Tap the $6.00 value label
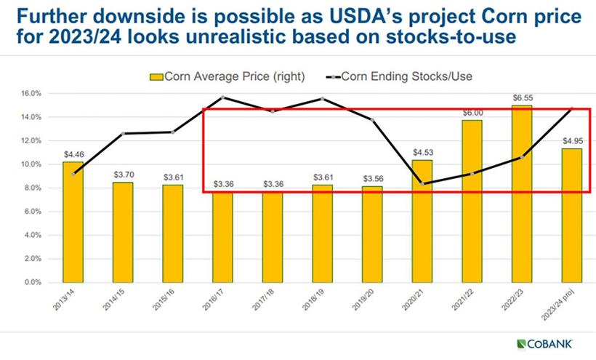[472, 113]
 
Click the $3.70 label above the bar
[124, 175]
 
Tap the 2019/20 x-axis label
[371, 301]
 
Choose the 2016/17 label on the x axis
[222, 301]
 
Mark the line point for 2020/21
[422, 183]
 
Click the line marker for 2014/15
[124, 133]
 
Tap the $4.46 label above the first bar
[73, 154]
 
